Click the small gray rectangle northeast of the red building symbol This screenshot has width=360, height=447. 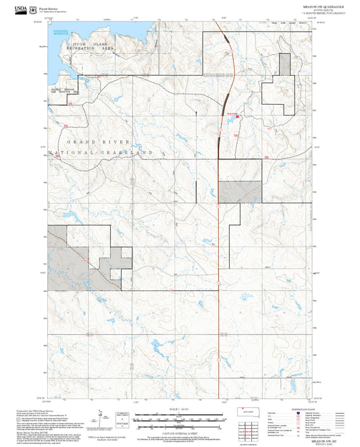click(286, 63)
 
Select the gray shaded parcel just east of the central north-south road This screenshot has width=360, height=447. click(239, 192)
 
